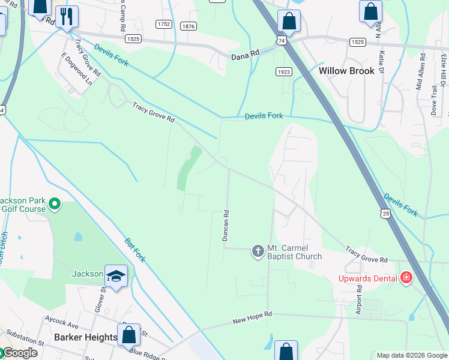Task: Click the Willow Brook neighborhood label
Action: point(346,71)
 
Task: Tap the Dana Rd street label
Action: point(246,54)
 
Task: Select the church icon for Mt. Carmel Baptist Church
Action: point(258,251)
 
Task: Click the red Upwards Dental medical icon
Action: point(406,277)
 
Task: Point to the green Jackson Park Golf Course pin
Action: point(55,205)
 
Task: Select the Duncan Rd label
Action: point(226,226)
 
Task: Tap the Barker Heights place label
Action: point(85,337)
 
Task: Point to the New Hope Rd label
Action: point(252,318)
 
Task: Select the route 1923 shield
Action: point(285,71)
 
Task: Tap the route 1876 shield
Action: point(188,25)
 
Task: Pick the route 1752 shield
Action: point(163,25)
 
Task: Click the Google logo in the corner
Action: point(19,353)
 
